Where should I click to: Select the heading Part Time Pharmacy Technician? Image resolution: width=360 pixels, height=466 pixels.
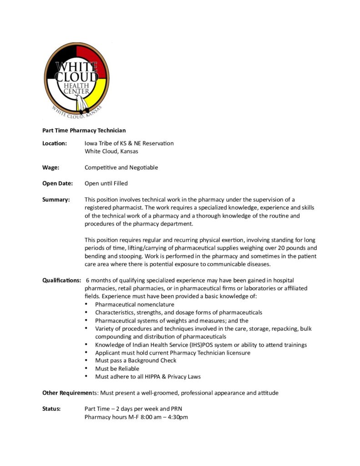point(84,131)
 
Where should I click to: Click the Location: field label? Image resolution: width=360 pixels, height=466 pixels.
point(55,143)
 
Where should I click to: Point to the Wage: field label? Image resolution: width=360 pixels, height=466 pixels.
point(51,167)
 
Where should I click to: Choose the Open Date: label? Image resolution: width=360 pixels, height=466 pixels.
point(57,183)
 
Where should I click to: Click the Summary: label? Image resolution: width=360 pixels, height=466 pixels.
point(56,200)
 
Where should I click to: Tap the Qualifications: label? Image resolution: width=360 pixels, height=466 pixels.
point(62,280)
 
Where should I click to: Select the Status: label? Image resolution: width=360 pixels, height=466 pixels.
point(51,409)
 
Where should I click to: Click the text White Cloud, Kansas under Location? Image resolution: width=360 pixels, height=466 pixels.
point(111,152)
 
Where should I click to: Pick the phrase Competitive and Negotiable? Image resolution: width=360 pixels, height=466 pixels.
point(121,167)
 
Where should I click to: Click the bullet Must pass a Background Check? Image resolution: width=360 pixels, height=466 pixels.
point(136,360)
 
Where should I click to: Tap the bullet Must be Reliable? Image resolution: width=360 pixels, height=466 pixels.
point(117,369)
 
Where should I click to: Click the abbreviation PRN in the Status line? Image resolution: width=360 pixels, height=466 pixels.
point(176,409)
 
